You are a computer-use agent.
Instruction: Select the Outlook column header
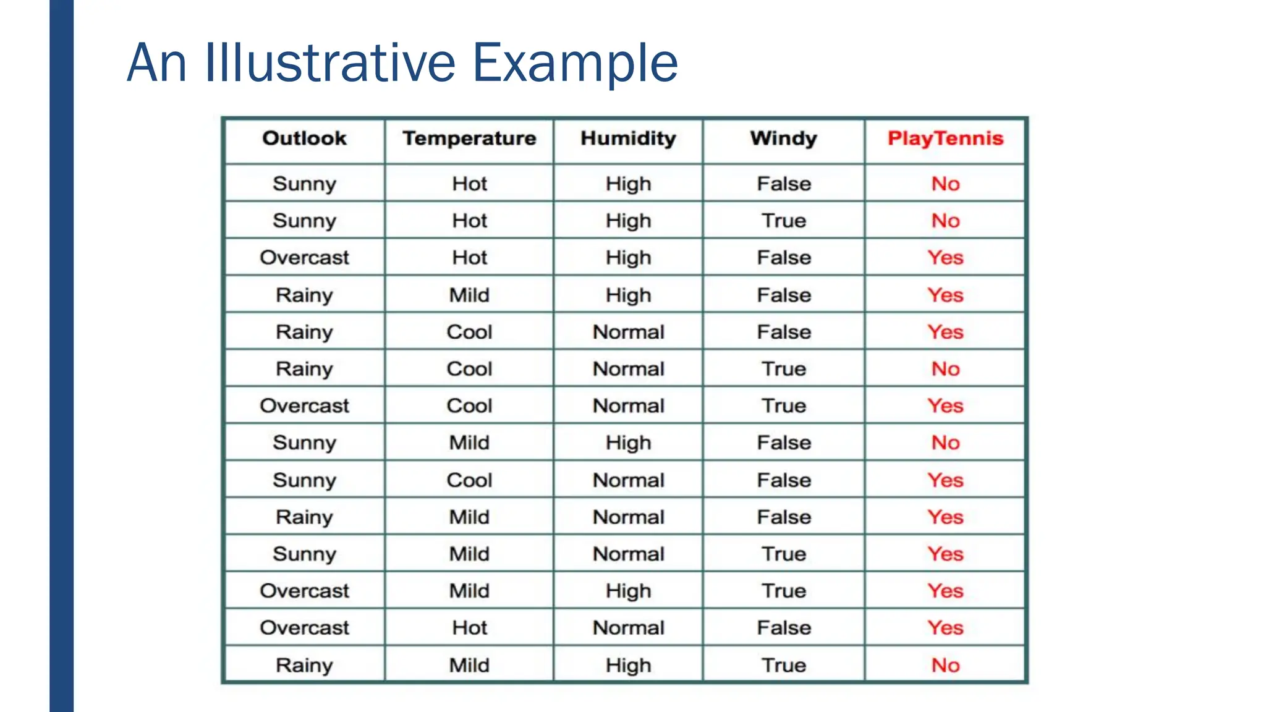point(304,138)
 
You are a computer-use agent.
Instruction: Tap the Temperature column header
point(469,138)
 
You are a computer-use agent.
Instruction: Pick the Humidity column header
point(628,138)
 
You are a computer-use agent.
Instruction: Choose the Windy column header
point(783,138)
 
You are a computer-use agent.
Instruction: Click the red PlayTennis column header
point(945,138)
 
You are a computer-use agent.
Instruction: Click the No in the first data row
point(945,184)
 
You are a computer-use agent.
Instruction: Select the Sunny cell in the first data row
point(304,184)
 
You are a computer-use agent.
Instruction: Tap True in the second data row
point(783,221)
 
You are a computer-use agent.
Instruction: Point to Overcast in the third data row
point(304,257)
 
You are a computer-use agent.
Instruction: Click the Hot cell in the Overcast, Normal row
point(469,628)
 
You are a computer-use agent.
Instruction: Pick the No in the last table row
point(945,665)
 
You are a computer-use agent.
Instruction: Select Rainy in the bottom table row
point(304,665)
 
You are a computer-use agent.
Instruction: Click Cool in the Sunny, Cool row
point(469,480)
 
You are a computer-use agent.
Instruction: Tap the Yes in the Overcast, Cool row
point(945,406)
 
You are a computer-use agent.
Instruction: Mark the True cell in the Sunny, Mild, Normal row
point(783,554)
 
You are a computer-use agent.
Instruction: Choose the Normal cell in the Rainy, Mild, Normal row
point(628,517)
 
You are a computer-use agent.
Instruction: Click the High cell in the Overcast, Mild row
point(628,591)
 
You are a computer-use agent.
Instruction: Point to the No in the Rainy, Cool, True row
point(945,369)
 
